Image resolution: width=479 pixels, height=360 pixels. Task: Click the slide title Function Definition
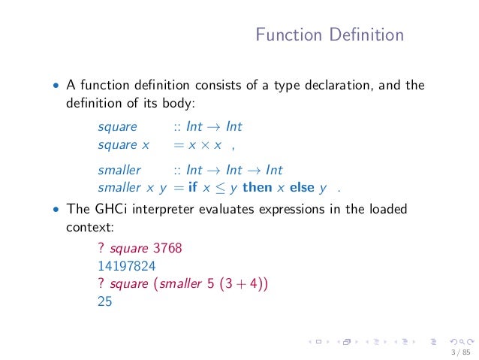(329, 35)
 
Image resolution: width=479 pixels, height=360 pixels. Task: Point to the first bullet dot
(54, 86)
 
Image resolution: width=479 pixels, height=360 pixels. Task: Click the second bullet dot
(54, 209)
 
